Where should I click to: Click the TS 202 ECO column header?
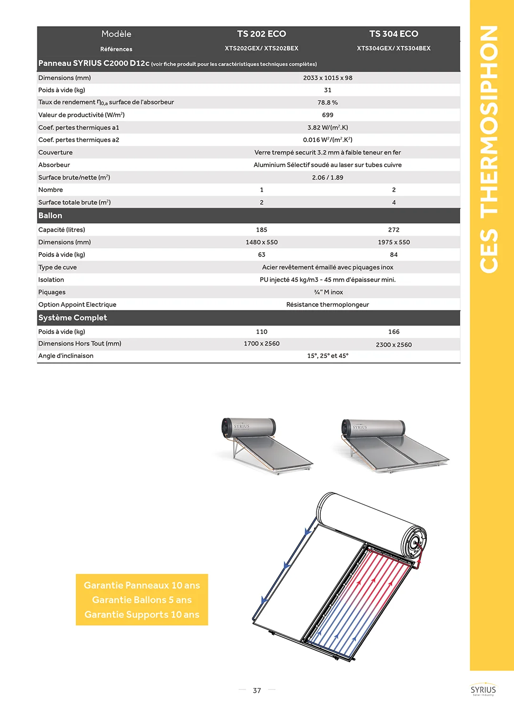261,34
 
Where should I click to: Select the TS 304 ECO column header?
394,34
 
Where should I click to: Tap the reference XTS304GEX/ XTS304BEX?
394,48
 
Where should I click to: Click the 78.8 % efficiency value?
327,102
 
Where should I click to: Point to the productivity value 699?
327,115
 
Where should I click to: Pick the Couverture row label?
56,152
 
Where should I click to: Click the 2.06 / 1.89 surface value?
327,177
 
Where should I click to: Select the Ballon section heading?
50,216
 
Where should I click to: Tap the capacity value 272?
394,230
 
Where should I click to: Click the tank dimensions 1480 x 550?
261,242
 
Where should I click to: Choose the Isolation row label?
51,280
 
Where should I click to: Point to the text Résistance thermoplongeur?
327,305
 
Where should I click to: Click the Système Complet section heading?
73,318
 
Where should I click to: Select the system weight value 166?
394,332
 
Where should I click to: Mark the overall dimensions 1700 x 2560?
261,344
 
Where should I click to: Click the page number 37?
257,690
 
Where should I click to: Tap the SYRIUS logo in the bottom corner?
483,690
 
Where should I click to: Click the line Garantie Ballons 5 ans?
142,600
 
